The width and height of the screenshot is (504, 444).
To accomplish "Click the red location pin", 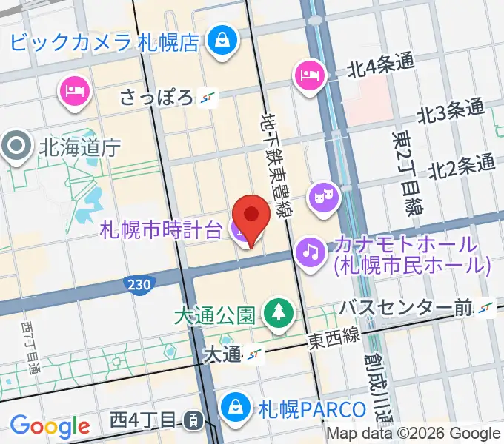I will coord(251,215).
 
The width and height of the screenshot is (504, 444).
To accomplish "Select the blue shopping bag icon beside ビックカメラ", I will coord(222,41).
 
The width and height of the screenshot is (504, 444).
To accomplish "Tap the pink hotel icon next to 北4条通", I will coord(308,75).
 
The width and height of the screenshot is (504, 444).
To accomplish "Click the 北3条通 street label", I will coord(451,112).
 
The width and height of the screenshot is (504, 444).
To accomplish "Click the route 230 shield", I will coord(145,283).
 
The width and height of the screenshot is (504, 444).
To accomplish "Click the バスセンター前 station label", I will coord(406,306).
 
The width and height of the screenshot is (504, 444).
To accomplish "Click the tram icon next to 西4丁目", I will coord(192,421).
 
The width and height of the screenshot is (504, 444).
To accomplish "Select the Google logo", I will coord(50,426).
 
